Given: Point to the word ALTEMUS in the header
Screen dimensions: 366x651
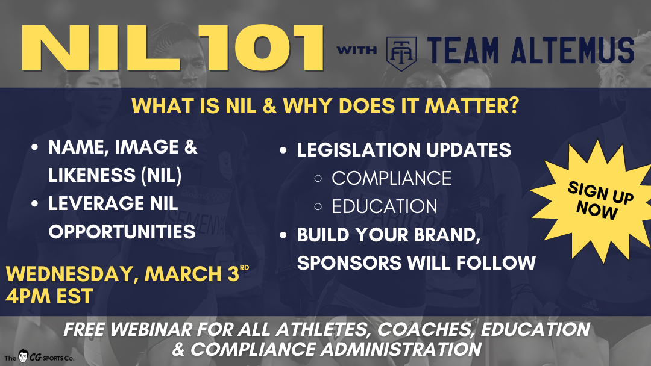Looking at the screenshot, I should pyautogui.click(x=570, y=51).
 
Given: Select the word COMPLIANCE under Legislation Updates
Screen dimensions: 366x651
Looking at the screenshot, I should pyautogui.click(x=391, y=178).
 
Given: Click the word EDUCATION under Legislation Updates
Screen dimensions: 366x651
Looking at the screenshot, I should pyautogui.click(x=384, y=206).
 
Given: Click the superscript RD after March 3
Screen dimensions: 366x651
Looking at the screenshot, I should pyautogui.click(x=244, y=267).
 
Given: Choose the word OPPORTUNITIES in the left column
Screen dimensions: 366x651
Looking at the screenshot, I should pyautogui.click(x=122, y=232).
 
